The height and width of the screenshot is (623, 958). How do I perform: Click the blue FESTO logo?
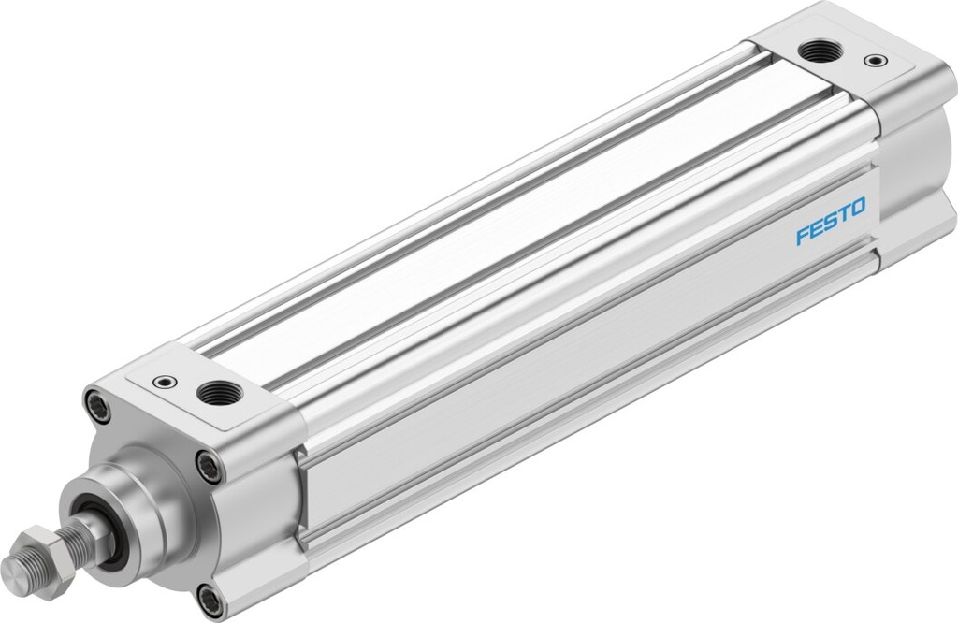coord(831,221)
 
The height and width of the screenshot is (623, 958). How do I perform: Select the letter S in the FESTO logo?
coord(831,221)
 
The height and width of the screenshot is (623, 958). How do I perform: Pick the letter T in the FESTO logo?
coord(844,213)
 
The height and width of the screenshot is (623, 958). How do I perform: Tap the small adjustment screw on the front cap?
coord(164,382)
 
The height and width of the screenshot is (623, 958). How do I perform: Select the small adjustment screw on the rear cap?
coord(874,62)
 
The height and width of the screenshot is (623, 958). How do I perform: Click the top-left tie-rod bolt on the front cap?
coord(94,404)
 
